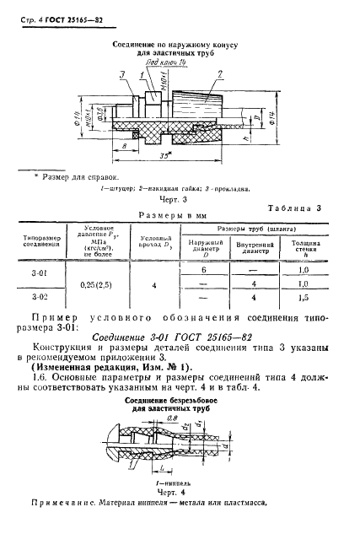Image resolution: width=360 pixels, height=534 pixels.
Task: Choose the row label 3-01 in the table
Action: tap(40, 271)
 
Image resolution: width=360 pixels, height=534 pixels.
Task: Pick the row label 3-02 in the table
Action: tap(40, 298)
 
